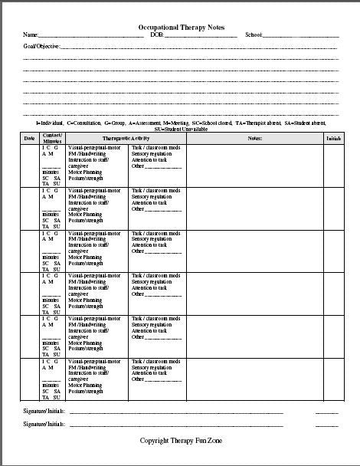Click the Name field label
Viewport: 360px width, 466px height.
tap(30, 35)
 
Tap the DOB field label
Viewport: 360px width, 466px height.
tap(157, 35)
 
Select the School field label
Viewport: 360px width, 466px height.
tap(254, 35)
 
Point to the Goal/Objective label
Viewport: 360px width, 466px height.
tap(39, 47)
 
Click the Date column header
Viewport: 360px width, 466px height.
tap(29, 138)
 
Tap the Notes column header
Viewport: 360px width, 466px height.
tap(255, 138)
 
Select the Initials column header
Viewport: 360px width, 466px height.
tap(333, 138)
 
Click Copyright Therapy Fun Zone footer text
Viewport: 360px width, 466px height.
tap(181, 441)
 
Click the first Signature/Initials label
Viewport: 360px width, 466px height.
tap(42, 412)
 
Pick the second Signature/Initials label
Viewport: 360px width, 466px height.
tap(42, 424)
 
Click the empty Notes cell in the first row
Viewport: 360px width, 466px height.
tap(255, 165)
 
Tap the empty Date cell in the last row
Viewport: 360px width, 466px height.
tap(29, 379)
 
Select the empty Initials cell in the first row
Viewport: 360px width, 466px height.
tap(333, 165)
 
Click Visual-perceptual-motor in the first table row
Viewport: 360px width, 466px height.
tap(95, 146)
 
